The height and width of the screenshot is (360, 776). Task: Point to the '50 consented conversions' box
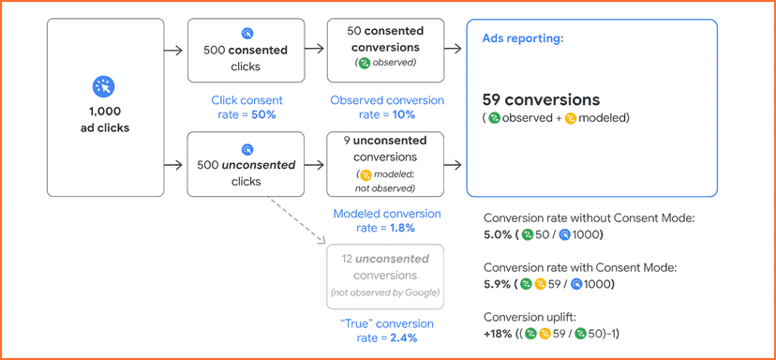point(384,51)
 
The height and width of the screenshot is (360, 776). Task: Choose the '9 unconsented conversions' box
point(384,163)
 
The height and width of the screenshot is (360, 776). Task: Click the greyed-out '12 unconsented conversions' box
point(384,276)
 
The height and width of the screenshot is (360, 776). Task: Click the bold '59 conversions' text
point(541,99)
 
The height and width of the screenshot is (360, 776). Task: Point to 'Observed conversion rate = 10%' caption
point(384,107)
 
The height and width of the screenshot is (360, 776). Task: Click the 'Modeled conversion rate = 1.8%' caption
point(384,220)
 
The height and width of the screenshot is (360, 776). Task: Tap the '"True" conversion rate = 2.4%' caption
point(384,331)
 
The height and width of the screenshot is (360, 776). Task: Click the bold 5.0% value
point(497,234)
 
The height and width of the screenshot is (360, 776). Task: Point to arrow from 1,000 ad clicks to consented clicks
point(172,51)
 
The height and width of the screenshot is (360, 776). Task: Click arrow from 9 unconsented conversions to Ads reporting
point(456,164)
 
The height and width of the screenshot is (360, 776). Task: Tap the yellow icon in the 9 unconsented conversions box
point(366,175)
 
